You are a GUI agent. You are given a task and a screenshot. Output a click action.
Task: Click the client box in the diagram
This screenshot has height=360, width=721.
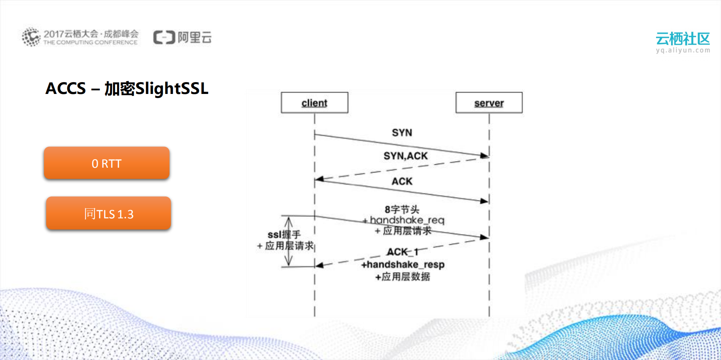click(x=314, y=103)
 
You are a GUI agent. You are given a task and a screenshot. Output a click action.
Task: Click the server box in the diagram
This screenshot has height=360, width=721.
click(x=489, y=103)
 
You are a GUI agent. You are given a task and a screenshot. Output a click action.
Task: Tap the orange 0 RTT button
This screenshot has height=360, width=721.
click(x=106, y=163)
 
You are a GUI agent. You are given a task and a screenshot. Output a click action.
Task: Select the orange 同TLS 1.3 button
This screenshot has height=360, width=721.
click(x=109, y=214)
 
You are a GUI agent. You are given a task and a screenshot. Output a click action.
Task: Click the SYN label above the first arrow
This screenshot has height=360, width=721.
click(x=402, y=132)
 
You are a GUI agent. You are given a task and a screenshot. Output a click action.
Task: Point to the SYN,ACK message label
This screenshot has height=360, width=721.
click(x=405, y=156)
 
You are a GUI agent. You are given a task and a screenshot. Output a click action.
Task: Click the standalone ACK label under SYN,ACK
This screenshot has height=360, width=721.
click(x=402, y=181)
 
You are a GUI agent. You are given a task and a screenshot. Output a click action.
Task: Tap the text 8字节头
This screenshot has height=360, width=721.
click(x=402, y=210)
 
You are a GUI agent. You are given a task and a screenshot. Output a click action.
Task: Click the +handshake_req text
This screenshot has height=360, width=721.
click(x=404, y=220)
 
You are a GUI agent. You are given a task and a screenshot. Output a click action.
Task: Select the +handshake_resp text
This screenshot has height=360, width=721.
click(x=403, y=265)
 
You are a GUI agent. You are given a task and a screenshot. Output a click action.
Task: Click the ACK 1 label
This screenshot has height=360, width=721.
click(x=402, y=252)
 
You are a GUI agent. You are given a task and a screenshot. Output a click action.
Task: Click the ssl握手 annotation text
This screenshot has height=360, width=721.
click(x=284, y=234)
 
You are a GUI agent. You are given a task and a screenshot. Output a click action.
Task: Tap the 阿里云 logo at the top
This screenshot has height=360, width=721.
click(x=182, y=37)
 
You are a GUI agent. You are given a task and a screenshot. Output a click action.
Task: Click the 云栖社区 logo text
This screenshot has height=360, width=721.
click(x=682, y=39)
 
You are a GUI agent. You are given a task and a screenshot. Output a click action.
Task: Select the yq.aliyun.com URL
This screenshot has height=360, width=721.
click(x=683, y=50)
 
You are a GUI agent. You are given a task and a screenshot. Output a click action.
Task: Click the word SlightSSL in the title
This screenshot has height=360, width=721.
click(x=172, y=88)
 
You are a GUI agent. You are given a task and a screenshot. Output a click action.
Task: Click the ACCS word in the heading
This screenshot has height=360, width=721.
click(x=65, y=88)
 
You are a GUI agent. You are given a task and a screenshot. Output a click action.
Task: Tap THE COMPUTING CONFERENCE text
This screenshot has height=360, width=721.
click(x=90, y=43)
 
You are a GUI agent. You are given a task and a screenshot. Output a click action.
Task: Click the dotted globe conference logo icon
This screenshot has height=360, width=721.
click(x=31, y=37)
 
